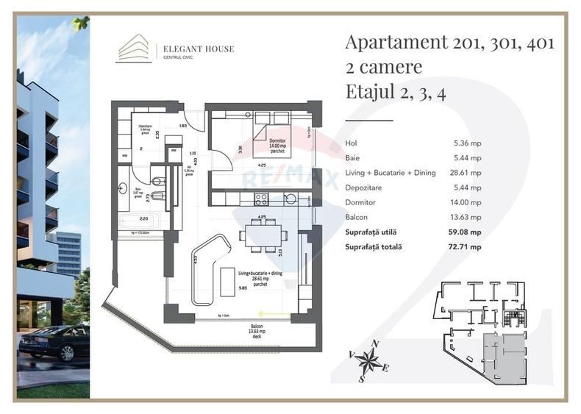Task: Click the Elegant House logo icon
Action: tap(135, 50)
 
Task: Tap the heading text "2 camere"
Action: tap(383, 67)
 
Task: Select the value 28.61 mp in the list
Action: tap(467, 173)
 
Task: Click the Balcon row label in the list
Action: tap(356, 218)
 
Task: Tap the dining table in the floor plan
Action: tap(263, 235)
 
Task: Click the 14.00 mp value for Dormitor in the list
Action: tap(467, 202)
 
